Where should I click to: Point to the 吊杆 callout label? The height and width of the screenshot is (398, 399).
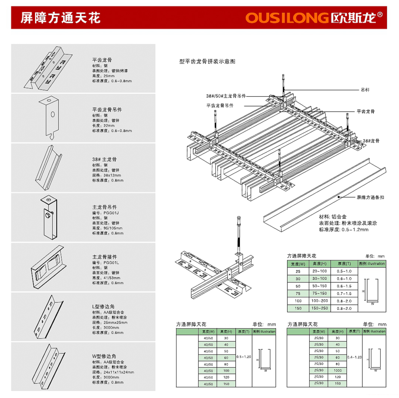[365, 90]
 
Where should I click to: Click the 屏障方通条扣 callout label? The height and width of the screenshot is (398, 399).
[371, 198]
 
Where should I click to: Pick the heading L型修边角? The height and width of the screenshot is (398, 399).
[105, 307]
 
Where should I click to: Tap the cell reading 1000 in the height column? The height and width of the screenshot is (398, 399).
[337, 370]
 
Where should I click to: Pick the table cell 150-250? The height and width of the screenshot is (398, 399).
[320, 308]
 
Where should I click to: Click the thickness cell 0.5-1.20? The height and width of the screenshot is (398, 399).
[244, 357]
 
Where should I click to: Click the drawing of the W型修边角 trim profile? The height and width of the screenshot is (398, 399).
[50, 366]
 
